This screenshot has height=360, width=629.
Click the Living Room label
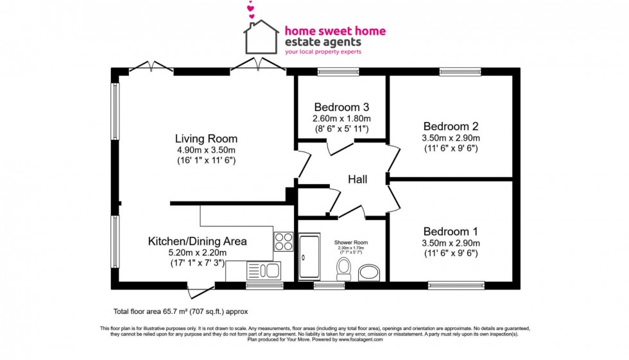point(206,139)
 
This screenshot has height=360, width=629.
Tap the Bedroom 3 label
point(341,107)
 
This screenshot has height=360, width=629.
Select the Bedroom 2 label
point(451,126)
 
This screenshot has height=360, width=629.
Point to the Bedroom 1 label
point(451,232)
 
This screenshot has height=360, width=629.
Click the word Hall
point(358,180)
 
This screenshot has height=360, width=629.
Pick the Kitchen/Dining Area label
point(197,241)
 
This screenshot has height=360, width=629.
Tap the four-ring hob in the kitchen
point(282,241)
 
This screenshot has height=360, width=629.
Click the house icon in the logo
point(261,37)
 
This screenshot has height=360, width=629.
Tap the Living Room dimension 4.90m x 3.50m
point(206,150)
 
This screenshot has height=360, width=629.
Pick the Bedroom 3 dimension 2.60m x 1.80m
point(341,119)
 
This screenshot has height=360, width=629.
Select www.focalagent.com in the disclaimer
point(362,339)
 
